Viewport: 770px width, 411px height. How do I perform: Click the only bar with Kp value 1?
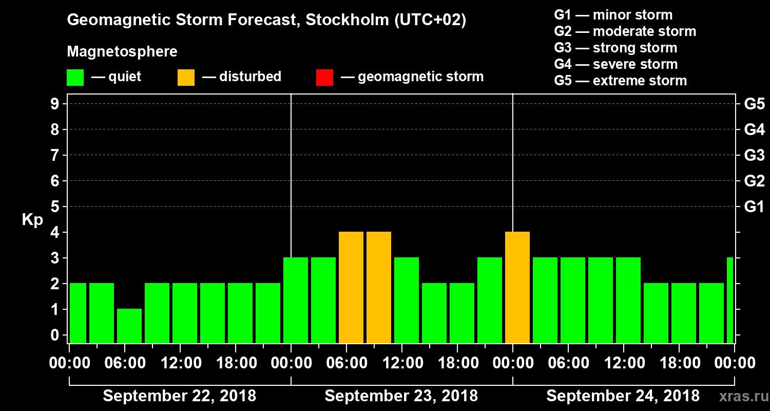[129, 326]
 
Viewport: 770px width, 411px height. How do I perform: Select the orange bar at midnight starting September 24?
[517, 288]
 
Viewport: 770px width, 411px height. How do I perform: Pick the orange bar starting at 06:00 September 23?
[351, 288]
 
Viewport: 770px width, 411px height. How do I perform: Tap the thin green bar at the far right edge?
[730, 300]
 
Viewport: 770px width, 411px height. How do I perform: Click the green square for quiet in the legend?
[75, 78]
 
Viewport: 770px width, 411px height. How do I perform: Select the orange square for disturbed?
[186, 78]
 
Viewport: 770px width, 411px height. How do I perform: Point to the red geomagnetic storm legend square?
[324, 78]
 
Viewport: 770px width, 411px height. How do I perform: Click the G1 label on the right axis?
[754, 207]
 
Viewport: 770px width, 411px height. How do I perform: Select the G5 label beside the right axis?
[754, 104]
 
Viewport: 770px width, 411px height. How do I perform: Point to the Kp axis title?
[32, 219]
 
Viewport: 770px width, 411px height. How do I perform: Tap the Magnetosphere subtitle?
[122, 52]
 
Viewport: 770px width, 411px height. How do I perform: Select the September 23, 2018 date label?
[401, 396]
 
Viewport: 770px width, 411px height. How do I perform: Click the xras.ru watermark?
[740, 396]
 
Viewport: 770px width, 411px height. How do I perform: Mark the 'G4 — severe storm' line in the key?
[615, 64]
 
